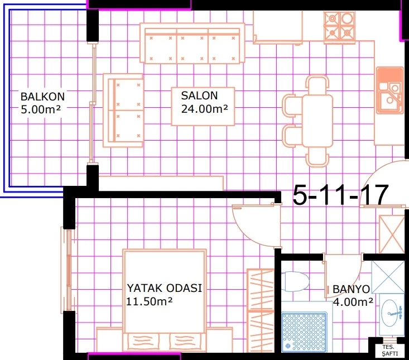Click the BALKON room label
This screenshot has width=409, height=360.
[42, 97]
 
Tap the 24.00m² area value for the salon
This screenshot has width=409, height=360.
[204, 109]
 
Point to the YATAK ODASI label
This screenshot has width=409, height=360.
[165, 288]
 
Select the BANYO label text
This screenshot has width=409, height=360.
[351, 289]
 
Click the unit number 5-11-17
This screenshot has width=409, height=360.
[341, 195]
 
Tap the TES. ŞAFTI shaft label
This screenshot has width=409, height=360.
[390, 351]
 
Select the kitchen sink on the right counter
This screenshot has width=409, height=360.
[390, 91]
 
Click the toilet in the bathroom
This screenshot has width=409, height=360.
[295, 281]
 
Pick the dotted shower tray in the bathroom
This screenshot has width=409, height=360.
[304, 332]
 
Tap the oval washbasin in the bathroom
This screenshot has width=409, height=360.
[391, 313]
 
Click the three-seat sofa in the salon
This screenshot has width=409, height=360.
[193, 43]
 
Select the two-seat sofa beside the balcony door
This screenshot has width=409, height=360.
[123, 111]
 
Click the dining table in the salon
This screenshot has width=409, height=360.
[317, 121]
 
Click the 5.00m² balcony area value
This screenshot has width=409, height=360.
[41, 109]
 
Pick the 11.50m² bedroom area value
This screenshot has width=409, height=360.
[149, 301]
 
